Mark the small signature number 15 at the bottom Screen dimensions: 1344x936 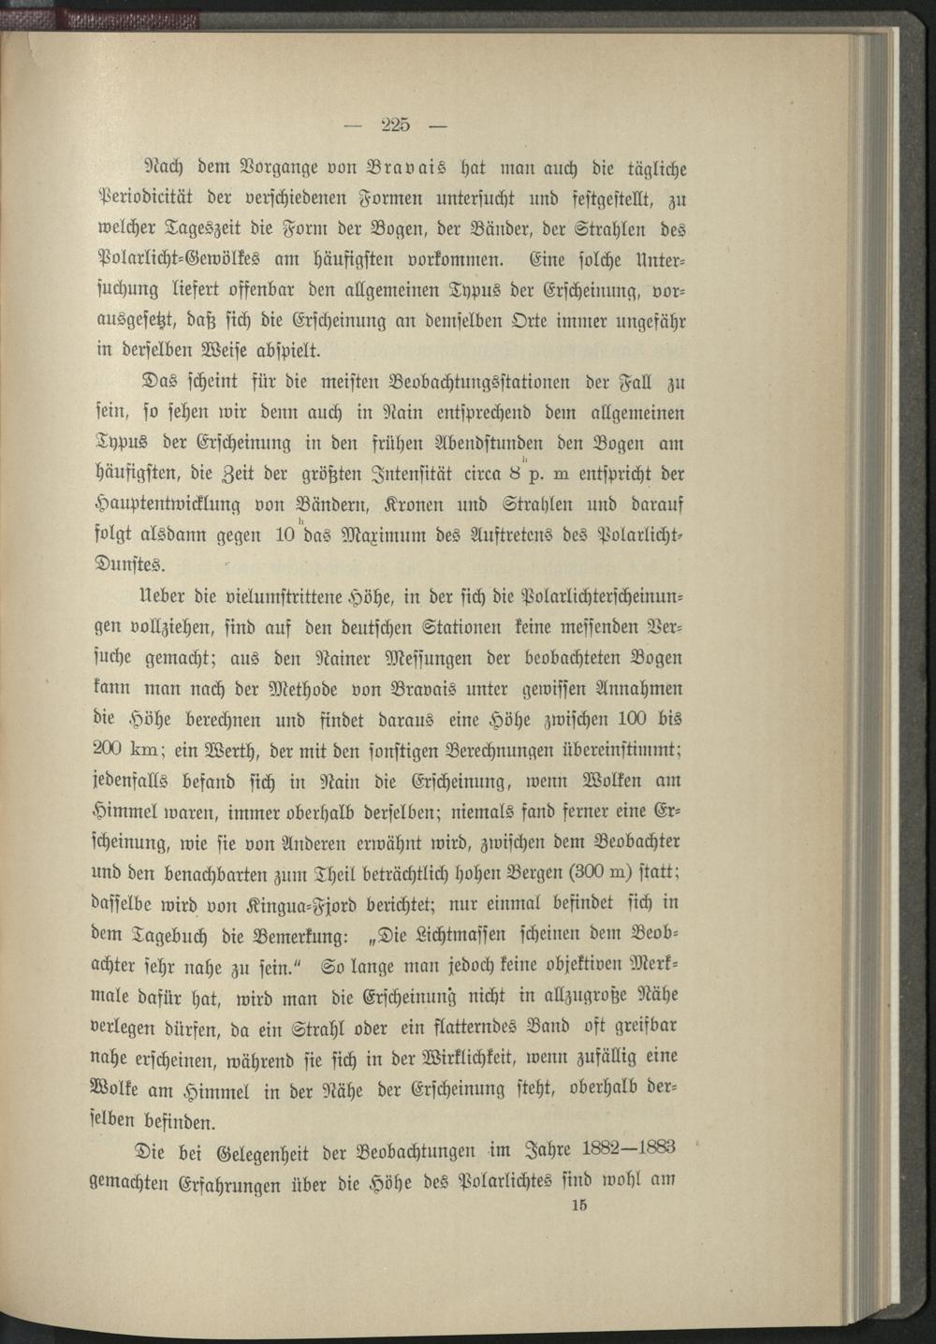tap(578, 1205)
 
